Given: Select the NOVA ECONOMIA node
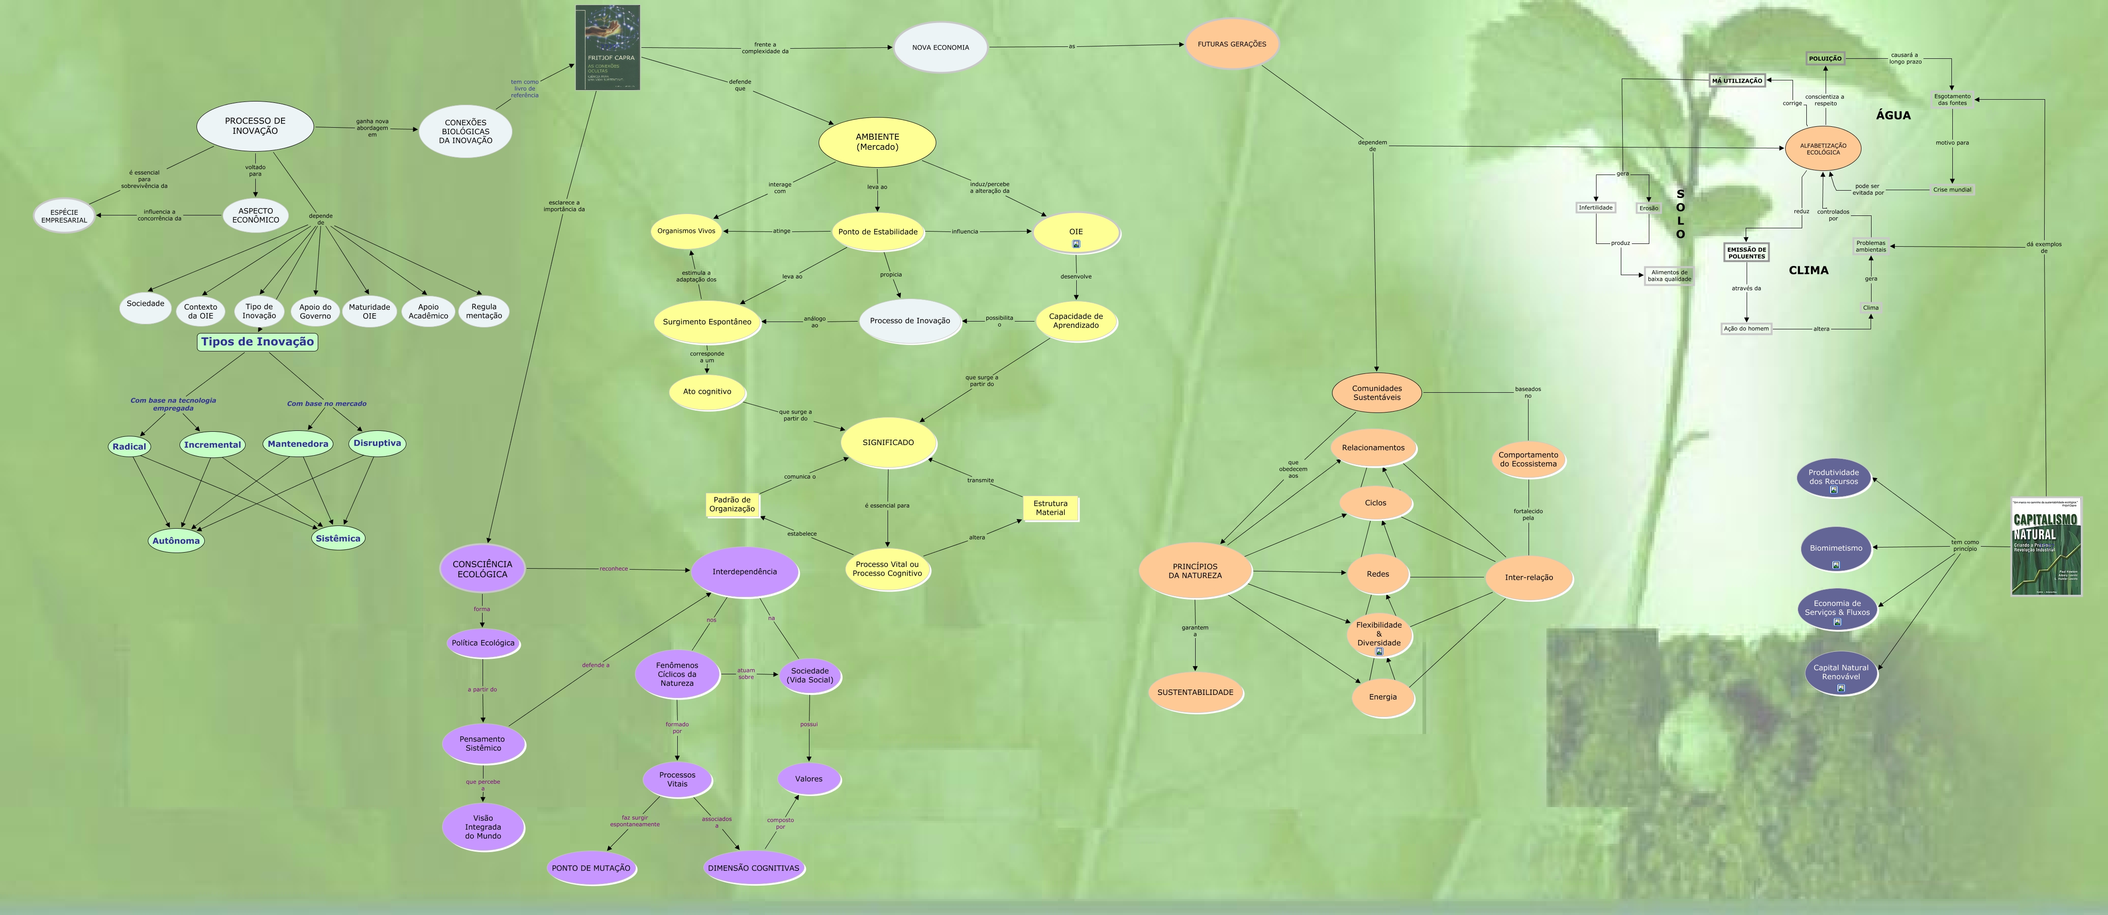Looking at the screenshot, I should coord(940,47).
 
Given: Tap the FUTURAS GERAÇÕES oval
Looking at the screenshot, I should coord(1231,44).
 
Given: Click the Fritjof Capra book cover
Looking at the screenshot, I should coord(608,47).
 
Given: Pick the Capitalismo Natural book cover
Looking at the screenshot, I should coord(2046,547).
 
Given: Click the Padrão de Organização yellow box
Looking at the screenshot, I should coord(731,505).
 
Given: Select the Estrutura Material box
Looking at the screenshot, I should coord(1050,508).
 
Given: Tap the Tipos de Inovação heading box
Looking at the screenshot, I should coord(257,342).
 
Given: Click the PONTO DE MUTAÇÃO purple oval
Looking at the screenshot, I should coord(591,868).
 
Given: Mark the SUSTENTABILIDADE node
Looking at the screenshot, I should coord(1195,692).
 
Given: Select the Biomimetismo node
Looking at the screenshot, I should coord(1836,548).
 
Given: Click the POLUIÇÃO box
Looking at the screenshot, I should coord(1825,59).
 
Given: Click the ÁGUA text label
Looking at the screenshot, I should coord(1893,115).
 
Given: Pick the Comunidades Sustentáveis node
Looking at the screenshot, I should coord(1377,393).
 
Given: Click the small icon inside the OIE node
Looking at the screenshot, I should coord(1076,244).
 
